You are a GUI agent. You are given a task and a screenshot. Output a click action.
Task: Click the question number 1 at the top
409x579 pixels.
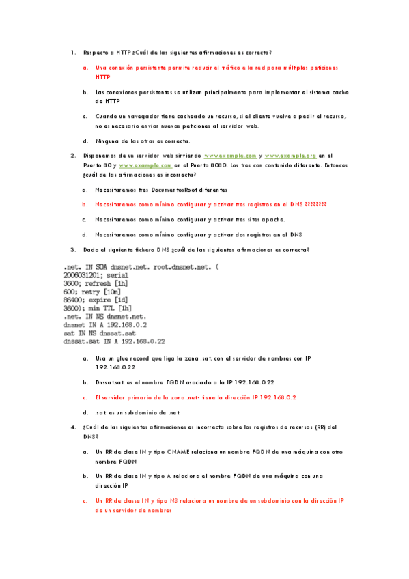tap(72, 52)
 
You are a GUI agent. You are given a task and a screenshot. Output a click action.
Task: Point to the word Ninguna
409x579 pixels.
tap(111, 141)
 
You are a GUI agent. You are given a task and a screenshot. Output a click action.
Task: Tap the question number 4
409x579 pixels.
tap(72, 427)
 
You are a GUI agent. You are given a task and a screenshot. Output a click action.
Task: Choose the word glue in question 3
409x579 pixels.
tap(124, 358)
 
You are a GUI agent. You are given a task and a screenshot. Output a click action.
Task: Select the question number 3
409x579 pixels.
tap(72, 250)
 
